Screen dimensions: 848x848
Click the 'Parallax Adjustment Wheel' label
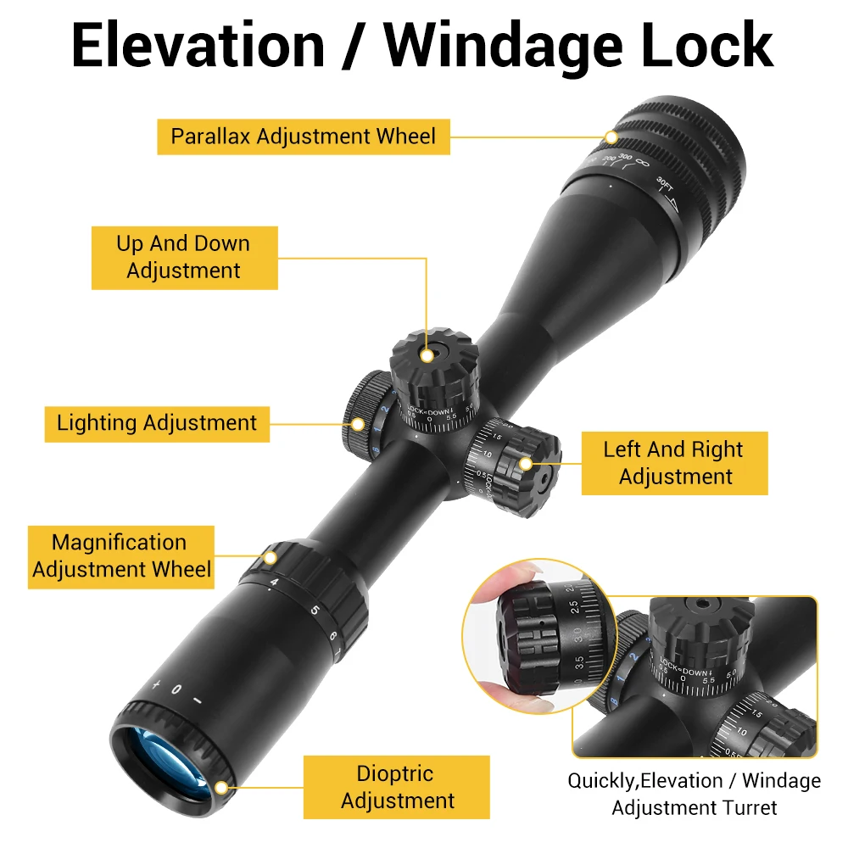click(303, 137)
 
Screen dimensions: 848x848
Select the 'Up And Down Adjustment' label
click(184, 257)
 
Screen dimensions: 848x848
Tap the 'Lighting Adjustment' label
click(157, 422)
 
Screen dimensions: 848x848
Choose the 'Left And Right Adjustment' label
click(673, 463)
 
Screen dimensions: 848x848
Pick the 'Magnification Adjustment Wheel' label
click(120, 556)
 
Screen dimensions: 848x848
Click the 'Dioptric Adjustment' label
click(397, 787)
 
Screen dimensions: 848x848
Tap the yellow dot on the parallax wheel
click(611, 137)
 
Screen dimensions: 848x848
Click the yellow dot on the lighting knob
click(358, 422)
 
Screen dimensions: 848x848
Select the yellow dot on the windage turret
click(526, 463)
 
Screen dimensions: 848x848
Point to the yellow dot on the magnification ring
click(271, 558)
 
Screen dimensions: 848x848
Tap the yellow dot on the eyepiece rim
click(221, 788)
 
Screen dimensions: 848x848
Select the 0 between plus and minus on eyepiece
click(176, 689)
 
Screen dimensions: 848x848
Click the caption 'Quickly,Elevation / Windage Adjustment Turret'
click(694, 794)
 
